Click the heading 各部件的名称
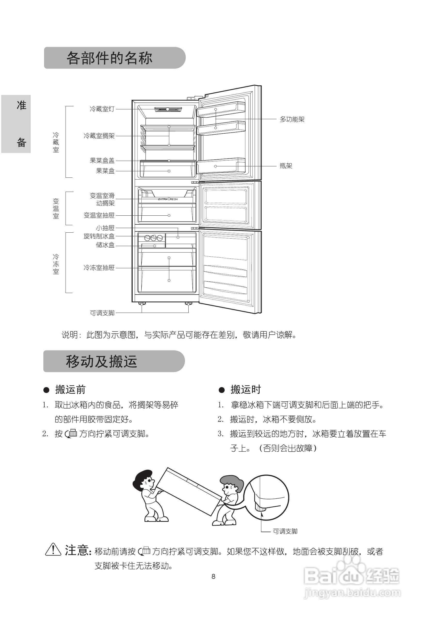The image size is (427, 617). (109, 58)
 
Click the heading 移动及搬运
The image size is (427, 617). (101, 361)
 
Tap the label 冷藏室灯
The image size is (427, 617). (102, 109)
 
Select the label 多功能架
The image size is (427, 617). (292, 119)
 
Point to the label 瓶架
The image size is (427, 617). (286, 166)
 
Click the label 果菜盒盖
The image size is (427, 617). (102, 161)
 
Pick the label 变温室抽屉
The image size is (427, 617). (99, 215)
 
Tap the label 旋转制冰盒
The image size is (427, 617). (99, 236)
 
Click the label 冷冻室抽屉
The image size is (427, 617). (99, 268)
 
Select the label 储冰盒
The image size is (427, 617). (105, 245)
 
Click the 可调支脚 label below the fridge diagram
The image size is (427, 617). (102, 313)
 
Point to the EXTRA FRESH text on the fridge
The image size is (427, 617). (168, 199)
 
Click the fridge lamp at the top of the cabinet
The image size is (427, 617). (168, 109)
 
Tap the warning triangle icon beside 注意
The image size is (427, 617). (53, 550)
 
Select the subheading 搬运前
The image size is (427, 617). (70, 390)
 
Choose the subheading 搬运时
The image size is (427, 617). (245, 390)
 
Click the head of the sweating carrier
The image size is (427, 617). (232, 484)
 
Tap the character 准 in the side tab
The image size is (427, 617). (21, 105)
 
